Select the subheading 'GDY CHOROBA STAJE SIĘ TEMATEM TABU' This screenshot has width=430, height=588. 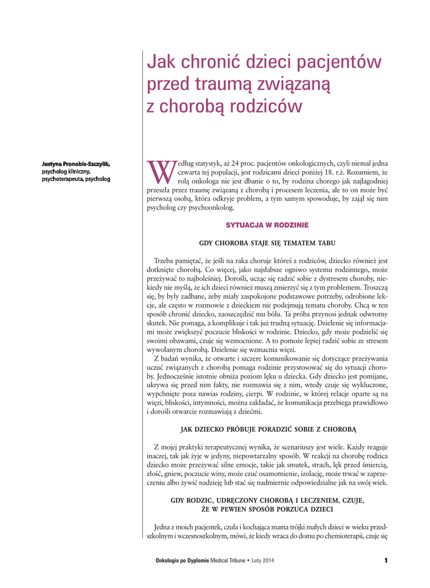click(x=267, y=243)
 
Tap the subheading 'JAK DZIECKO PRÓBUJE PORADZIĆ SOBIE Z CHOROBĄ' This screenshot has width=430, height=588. click(x=267, y=428)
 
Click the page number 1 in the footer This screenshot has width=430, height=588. click(x=386, y=560)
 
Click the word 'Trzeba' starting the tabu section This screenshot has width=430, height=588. click(x=165, y=261)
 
